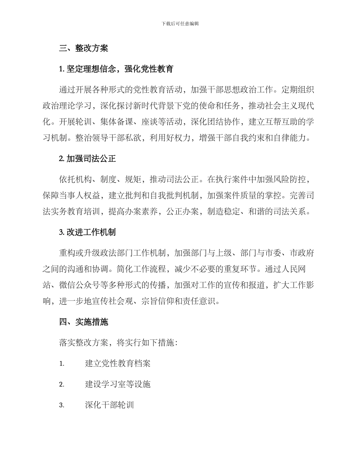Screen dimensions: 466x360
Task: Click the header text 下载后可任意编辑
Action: (x=180, y=23)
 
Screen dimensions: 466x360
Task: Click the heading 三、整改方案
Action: (x=83, y=48)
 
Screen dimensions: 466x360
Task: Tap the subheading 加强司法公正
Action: (x=91, y=159)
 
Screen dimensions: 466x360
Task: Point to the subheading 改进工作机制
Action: (x=91, y=232)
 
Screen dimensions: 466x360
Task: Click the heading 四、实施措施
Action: (x=83, y=322)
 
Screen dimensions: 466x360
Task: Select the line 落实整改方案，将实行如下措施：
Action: (x=118, y=343)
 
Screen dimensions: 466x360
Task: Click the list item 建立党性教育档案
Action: (x=118, y=363)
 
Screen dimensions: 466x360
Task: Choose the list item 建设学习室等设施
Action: (x=118, y=384)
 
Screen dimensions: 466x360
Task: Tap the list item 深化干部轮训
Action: (x=110, y=405)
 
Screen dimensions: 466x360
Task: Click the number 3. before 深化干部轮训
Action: (x=62, y=405)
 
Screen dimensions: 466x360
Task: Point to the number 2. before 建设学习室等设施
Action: (x=62, y=384)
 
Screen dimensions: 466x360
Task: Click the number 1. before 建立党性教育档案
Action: (x=62, y=363)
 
